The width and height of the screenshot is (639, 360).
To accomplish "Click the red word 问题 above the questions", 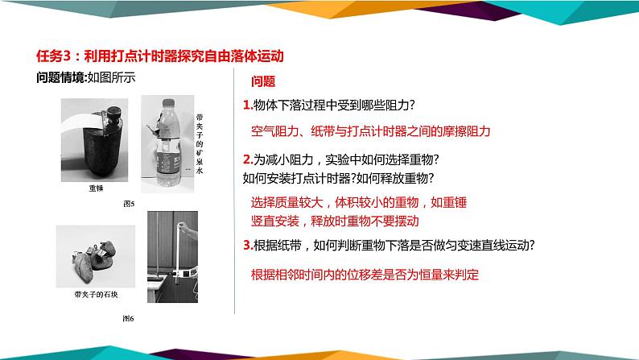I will tap(263, 81).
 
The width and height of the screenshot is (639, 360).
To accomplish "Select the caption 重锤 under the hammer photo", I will tap(97, 188).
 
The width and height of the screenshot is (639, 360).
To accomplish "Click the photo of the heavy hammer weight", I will tap(95, 143).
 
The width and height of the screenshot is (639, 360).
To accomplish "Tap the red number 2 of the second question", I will tap(245, 159).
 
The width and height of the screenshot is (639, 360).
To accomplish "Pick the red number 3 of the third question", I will tap(245, 246).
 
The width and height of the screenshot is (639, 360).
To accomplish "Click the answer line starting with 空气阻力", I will tap(370, 130).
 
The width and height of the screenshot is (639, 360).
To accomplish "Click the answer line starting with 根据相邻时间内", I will tap(365, 274).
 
